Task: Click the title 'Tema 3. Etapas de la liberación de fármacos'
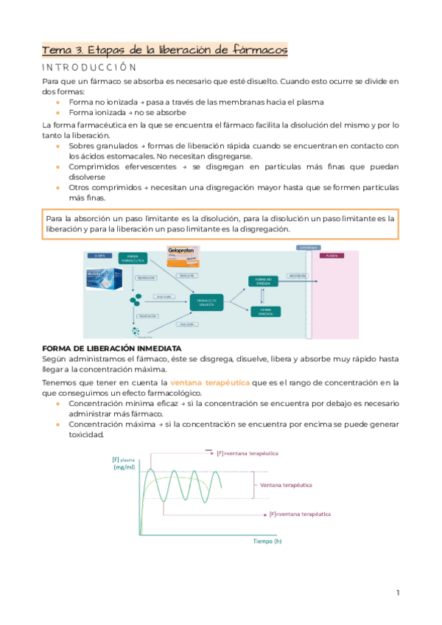[164, 50]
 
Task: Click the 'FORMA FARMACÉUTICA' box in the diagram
[133, 259]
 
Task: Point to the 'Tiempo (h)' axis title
[267, 541]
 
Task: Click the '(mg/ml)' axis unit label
[124, 468]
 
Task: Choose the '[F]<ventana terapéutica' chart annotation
[300, 512]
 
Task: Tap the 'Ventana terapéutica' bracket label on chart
[285, 485]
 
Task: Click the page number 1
[398, 593]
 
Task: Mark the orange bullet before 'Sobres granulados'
[58, 147]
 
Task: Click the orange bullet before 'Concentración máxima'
[58, 425]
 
